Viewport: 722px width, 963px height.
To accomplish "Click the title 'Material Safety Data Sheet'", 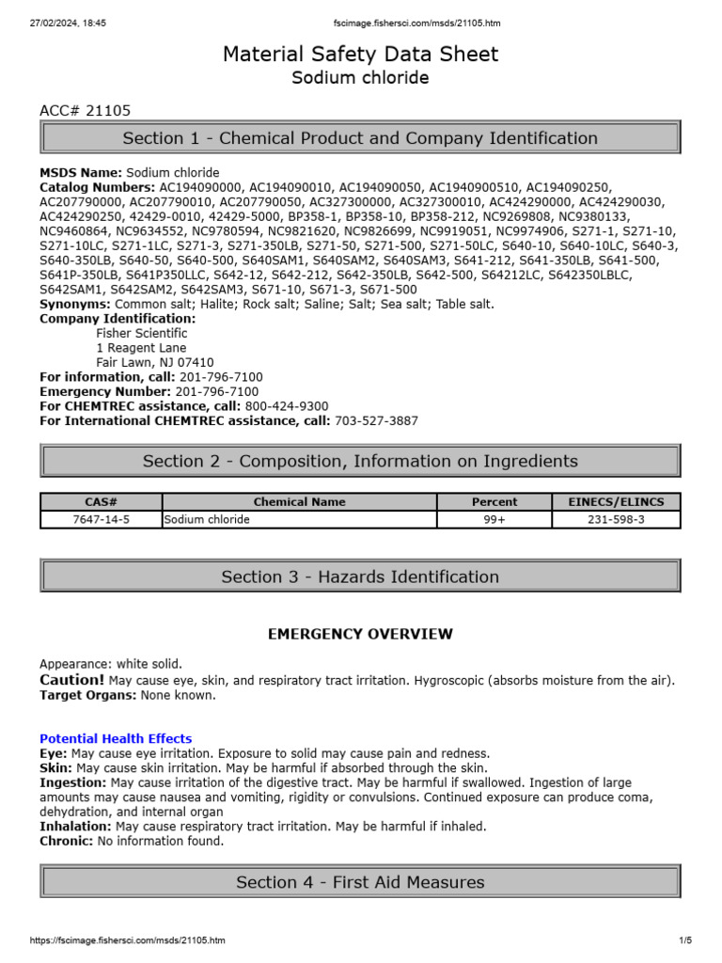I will tap(360, 55).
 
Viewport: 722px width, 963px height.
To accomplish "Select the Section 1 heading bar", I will tap(360, 138).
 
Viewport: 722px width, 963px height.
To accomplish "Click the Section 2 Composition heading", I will tap(360, 461).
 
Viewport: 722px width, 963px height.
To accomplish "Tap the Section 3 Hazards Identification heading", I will tap(360, 576).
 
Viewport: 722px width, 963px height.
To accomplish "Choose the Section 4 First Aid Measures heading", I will tap(360, 882).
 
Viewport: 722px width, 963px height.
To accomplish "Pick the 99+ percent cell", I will tap(494, 519).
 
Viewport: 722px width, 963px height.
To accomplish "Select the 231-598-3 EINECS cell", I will tap(616, 519).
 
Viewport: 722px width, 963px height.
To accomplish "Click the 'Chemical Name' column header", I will tap(299, 502).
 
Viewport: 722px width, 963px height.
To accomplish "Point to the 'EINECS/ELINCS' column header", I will tap(616, 502).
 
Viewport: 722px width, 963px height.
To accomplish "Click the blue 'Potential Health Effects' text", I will tap(116, 739).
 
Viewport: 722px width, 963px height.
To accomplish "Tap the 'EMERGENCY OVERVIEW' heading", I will tap(360, 635).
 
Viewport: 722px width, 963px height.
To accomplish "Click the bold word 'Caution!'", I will tap(71, 680).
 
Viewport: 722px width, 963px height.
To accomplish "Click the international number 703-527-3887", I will tap(376, 420).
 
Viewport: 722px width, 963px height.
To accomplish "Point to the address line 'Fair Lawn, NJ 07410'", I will tap(154, 363).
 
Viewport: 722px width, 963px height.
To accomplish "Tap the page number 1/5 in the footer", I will tap(684, 940).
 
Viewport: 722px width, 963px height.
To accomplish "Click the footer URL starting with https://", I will tap(128, 940).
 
